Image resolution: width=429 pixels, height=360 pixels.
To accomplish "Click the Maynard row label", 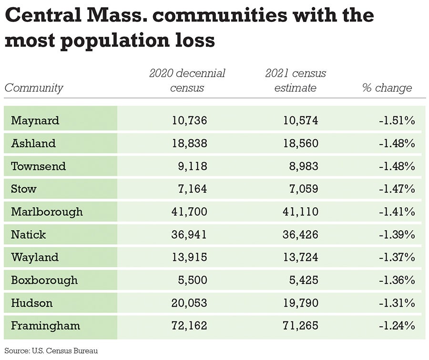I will tap(35, 120).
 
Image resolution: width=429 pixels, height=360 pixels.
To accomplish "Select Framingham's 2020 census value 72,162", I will tap(189, 326).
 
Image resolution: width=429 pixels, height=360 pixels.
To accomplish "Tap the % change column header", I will tap(387, 88).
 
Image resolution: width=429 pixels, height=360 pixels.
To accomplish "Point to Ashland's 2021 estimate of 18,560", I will tap(300, 143).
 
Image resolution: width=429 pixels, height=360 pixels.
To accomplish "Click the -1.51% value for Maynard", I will tap(397, 120).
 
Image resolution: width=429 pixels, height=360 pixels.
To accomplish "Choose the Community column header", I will tap(34, 88).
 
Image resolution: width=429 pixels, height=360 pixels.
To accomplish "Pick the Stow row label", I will tap(24, 189).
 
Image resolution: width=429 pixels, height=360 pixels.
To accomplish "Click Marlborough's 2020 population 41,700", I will tap(189, 212).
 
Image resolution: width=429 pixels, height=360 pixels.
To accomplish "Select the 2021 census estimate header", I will tap(296, 81).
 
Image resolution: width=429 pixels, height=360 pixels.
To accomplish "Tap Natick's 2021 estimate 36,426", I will tap(300, 235).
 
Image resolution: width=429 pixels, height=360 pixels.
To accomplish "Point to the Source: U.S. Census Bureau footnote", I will tap(51, 351).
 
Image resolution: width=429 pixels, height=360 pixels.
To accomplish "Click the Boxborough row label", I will tap(44, 280).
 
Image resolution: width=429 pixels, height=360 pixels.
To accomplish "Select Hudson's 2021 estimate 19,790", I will tap(300, 303).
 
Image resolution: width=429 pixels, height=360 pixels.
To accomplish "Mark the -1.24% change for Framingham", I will tap(397, 326).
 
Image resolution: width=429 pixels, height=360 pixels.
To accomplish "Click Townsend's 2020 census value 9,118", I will tap(193, 166).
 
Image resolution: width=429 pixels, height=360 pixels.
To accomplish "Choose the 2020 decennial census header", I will tap(187, 81).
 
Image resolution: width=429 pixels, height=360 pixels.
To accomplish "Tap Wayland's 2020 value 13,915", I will tap(189, 257).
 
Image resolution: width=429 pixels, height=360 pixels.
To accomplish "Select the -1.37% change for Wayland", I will tap(397, 257).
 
